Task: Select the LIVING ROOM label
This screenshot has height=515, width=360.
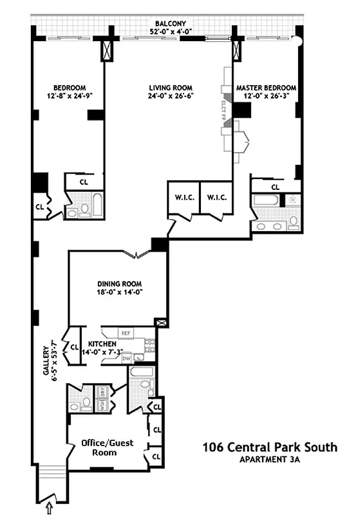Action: (x=171, y=88)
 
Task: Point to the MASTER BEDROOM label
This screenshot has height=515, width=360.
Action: (x=266, y=88)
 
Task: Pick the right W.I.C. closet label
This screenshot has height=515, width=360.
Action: (x=216, y=198)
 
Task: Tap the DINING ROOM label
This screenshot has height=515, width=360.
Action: (x=119, y=283)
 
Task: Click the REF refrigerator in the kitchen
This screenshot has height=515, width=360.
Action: (x=127, y=333)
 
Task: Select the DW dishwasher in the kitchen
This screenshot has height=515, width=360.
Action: (x=127, y=358)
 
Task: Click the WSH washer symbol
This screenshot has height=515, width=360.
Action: (x=102, y=406)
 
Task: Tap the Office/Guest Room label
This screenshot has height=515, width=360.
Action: (x=99, y=447)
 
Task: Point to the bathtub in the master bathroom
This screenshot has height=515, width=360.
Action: (x=266, y=200)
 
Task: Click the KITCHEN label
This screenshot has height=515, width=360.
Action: (x=102, y=344)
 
